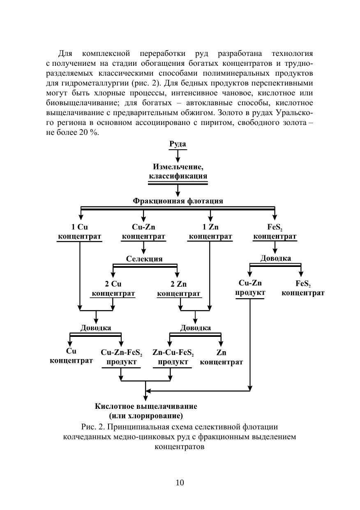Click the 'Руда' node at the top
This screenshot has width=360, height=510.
click(178, 144)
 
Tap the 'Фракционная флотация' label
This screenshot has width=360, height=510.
click(178, 201)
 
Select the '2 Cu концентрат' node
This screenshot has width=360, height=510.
click(113, 289)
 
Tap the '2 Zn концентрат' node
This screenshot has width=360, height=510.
click(179, 289)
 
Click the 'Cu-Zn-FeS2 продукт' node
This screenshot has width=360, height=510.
click(122, 357)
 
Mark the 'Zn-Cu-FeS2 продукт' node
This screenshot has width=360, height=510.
click(173, 357)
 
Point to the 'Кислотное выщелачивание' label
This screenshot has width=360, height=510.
click(146, 406)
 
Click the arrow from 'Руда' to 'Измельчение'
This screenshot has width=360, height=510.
click(178, 156)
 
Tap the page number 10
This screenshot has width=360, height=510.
click(180, 482)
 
